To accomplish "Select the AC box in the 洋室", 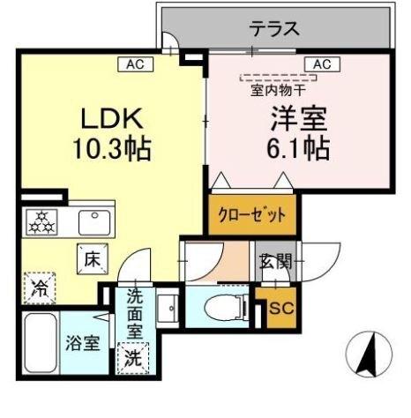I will (321, 63).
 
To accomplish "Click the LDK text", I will (113, 119).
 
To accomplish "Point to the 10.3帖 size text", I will (112, 147).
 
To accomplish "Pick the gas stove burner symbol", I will (41, 221).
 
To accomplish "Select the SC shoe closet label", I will (280, 309).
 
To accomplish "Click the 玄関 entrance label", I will (274, 262).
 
